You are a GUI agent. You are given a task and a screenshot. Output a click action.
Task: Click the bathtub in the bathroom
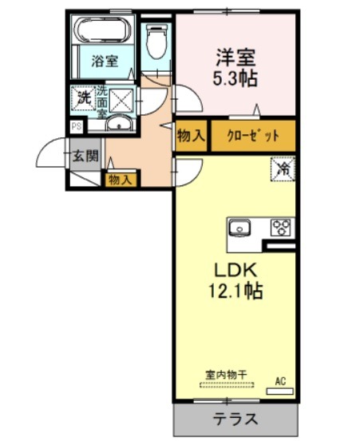104,30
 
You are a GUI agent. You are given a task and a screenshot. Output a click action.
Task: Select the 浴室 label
105,61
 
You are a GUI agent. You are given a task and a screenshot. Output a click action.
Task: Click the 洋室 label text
235,57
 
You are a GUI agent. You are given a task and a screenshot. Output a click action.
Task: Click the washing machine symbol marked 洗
84,98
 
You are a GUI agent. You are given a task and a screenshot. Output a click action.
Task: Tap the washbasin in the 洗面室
120,123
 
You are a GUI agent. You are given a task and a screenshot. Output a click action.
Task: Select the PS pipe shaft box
77,126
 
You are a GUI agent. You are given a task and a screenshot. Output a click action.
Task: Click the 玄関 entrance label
85,156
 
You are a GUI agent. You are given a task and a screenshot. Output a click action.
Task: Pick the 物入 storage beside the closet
192,136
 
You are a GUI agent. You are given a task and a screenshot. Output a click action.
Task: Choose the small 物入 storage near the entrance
121,180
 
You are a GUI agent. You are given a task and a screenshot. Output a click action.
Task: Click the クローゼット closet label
253,136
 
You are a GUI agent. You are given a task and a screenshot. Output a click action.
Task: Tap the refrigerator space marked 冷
283,169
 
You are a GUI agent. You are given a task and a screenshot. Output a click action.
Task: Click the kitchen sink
240,227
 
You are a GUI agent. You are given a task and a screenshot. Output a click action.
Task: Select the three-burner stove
281,227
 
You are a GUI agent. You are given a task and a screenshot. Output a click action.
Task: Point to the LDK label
235,271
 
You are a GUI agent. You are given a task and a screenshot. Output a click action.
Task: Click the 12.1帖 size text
235,291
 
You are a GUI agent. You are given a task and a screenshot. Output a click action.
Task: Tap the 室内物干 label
227,375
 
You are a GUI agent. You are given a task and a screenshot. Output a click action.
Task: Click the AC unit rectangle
280,391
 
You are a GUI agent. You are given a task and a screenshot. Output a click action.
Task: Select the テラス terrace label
235,419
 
